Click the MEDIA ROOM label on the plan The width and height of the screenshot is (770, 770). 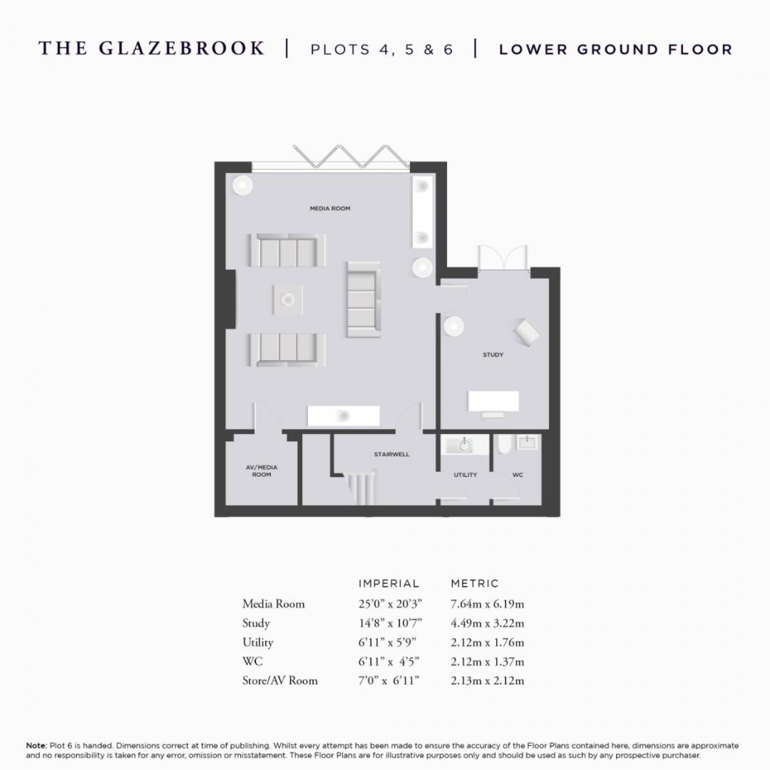330,208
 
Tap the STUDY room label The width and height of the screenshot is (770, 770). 493,355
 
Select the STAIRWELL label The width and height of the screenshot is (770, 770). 392,454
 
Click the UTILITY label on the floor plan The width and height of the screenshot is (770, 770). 465,475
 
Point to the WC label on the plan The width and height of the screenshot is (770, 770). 518,475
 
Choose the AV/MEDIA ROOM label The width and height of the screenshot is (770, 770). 262,471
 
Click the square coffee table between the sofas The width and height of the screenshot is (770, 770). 288,300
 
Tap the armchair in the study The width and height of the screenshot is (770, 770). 526,332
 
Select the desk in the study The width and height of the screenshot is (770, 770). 494,401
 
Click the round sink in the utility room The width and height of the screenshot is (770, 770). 464,446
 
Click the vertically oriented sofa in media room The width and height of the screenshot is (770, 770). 363,299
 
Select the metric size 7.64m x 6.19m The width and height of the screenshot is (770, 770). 488,604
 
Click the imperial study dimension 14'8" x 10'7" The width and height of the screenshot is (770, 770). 390,623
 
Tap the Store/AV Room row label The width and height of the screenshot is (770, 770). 280,680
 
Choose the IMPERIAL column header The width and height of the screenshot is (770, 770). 389,584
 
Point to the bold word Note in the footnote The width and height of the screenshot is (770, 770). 36,745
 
